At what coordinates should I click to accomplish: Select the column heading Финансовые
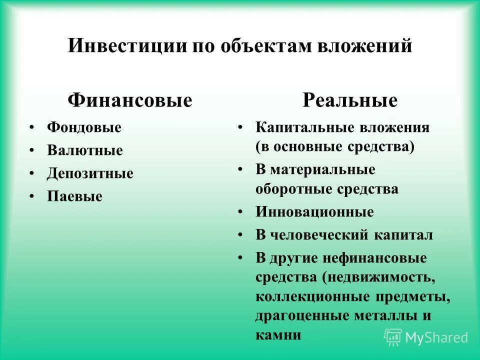pyautogui.click(x=130, y=100)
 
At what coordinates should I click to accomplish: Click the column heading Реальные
pyautogui.click(x=350, y=100)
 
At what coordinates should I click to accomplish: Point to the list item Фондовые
pyautogui.click(x=84, y=127)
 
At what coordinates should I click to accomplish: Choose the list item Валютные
pyautogui.click(x=85, y=150)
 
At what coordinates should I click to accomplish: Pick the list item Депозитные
pyautogui.click(x=90, y=173)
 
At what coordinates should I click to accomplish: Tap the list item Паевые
pyautogui.click(x=74, y=196)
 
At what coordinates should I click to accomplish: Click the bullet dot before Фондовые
pyautogui.click(x=32, y=127)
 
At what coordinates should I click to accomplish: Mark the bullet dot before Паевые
pyautogui.click(x=32, y=196)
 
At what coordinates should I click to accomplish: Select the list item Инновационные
pyautogui.click(x=314, y=212)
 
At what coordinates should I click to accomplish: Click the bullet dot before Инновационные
pyautogui.click(x=240, y=212)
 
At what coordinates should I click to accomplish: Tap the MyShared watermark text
pyautogui.click(x=436, y=337)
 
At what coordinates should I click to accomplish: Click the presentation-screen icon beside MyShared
pyautogui.click(x=393, y=337)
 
